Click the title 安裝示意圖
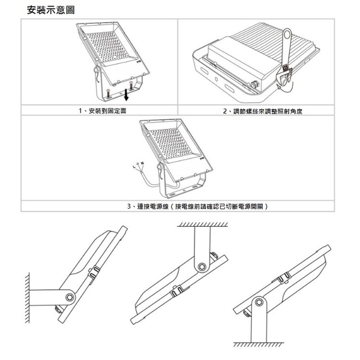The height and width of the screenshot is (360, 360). tap(51, 11)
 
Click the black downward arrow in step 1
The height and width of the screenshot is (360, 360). tap(127, 92)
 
